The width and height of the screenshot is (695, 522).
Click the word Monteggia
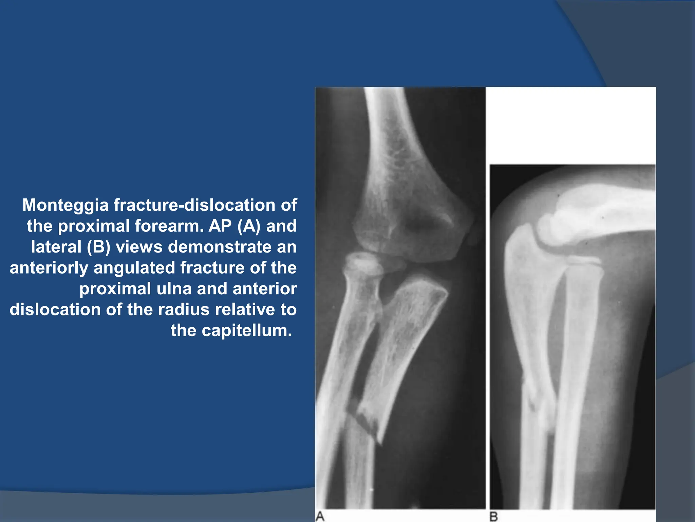(65, 205)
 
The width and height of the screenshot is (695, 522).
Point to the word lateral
(56, 247)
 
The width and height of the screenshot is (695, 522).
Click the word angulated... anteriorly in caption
(135, 268)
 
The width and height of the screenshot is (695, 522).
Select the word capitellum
(247, 331)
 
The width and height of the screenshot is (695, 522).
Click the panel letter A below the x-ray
(320, 516)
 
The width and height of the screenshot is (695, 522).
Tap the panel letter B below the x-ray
(494, 517)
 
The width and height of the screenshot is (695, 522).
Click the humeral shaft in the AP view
(387, 129)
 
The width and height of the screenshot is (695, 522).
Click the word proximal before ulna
(115, 289)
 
